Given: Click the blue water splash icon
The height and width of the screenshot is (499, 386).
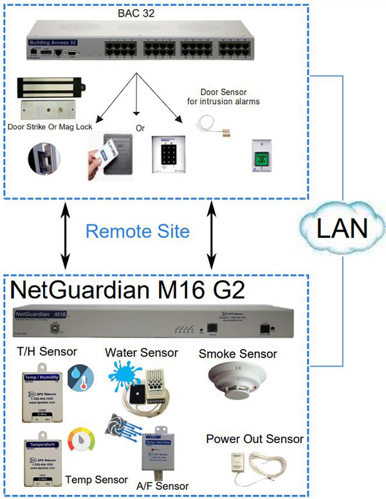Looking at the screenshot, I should [125, 375].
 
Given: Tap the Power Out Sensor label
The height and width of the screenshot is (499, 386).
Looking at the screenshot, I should [254, 439].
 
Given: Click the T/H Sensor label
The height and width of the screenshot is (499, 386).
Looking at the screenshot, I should [48, 351].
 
